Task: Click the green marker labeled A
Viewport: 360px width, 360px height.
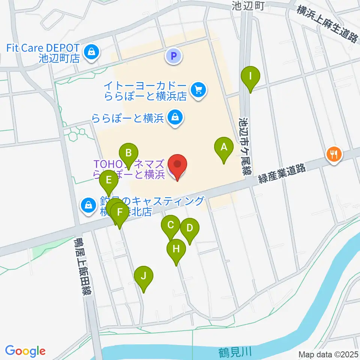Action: pyautogui.click(x=223, y=148)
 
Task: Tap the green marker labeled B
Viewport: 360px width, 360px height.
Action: pyautogui.click(x=128, y=153)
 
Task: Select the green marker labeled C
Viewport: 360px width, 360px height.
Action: pyautogui.click(x=170, y=226)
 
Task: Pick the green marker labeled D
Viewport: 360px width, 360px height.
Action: pyautogui.click(x=189, y=228)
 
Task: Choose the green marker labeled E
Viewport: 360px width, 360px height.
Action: pyautogui.click(x=109, y=180)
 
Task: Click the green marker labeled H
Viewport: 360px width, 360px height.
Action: pyautogui.click(x=176, y=249)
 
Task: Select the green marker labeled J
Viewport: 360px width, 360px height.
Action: pyautogui.click(x=144, y=276)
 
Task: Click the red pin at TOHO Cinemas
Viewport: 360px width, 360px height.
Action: pyautogui.click(x=177, y=165)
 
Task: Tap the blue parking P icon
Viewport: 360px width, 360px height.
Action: pyautogui.click(x=174, y=57)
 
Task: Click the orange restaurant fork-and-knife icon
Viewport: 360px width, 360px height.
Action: pyautogui.click(x=333, y=153)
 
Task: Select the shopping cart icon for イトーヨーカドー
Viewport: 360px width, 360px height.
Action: pyautogui.click(x=198, y=90)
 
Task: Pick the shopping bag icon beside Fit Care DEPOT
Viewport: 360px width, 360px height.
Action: pyautogui.click(x=91, y=52)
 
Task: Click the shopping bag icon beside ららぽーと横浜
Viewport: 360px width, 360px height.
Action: pyautogui.click(x=175, y=118)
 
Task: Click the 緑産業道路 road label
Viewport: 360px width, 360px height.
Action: pyautogui.click(x=282, y=175)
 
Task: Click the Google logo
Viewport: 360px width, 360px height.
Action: pyautogui.click(x=25, y=351)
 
